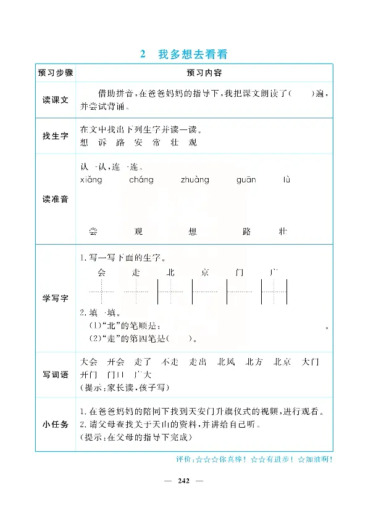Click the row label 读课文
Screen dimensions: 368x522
pyautogui.click(x=55, y=99)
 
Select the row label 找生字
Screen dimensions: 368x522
pyautogui.click(x=55, y=136)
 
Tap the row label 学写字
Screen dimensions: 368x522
pyautogui.click(x=55, y=298)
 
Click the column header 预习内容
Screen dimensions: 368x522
pyautogui.click(x=200, y=72)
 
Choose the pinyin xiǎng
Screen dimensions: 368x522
pyautogui.click(x=91, y=180)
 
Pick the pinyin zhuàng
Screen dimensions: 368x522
pyautogui.click(x=194, y=180)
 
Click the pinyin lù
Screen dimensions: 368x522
pyautogui.click(x=286, y=180)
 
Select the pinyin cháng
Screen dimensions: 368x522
pyautogui.click(x=141, y=180)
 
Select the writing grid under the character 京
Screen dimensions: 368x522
pyautogui.click(x=205, y=292)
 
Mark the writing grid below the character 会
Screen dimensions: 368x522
pyautogui.click(x=101, y=292)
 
